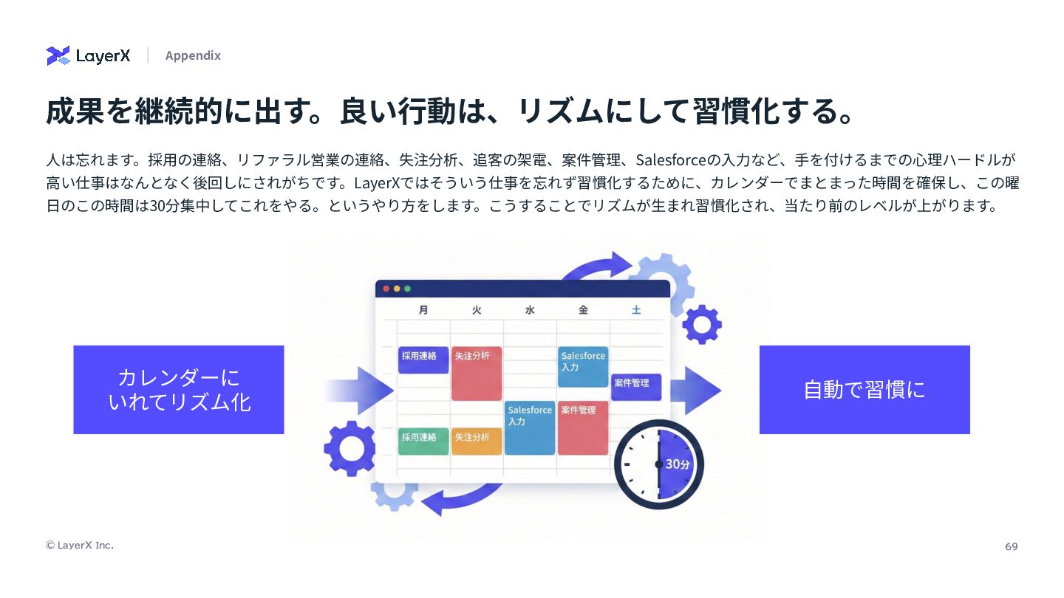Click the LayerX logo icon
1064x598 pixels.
(58, 55)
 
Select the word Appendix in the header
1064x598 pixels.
(193, 55)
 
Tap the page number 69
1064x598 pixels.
(1011, 546)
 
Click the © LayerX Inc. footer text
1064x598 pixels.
(80, 545)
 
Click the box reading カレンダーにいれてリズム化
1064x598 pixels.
(179, 390)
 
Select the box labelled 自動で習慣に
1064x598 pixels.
(864, 390)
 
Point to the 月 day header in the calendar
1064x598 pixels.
(423, 310)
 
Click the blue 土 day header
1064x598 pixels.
(636, 310)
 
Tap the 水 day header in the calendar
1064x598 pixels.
(530, 310)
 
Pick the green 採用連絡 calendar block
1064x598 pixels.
(423, 441)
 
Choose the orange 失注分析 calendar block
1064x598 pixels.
(477, 441)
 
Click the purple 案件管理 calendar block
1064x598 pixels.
(635, 386)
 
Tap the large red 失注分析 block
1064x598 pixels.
(477, 374)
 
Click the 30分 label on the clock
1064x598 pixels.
(677, 464)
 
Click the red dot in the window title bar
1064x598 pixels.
(386, 289)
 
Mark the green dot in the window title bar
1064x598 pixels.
(407, 289)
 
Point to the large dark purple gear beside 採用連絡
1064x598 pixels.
(349, 448)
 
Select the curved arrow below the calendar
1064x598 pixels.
(458, 501)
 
